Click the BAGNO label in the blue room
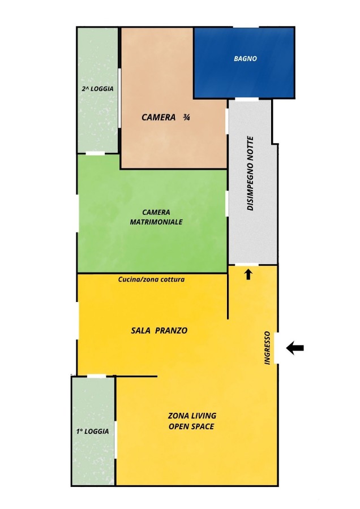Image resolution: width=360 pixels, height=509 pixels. click(245, 59)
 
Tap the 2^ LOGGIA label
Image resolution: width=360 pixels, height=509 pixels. click(97, 89)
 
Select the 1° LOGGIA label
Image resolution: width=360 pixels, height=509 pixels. click(92, 432)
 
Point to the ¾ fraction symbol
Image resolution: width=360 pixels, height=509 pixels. click(186, 117)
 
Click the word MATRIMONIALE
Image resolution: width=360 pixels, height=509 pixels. click(156, 222)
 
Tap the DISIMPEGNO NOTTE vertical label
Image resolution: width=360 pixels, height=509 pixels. click(250, 174)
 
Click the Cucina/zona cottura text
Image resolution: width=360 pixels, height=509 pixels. click(151, 279)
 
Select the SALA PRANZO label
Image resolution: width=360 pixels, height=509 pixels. click(159, 330)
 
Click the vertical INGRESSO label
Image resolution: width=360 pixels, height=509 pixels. click(267, 348)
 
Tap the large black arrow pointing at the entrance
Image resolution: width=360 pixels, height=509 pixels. click(295, 348)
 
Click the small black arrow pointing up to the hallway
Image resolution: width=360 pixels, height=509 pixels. click(248, 274)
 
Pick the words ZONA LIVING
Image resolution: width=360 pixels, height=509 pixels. click(192, 416)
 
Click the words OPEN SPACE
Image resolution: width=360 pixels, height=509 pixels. click(191, 426)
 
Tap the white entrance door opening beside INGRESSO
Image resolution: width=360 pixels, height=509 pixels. click(276, 348)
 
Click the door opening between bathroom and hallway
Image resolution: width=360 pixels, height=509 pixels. click(247, 99)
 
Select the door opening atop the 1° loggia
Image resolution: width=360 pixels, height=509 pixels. click(96, 376)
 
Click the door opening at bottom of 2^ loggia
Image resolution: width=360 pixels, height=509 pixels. click(95, 153)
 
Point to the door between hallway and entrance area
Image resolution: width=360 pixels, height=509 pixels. click(247, 265)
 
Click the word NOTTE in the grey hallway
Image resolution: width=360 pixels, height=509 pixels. click(250, 149)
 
